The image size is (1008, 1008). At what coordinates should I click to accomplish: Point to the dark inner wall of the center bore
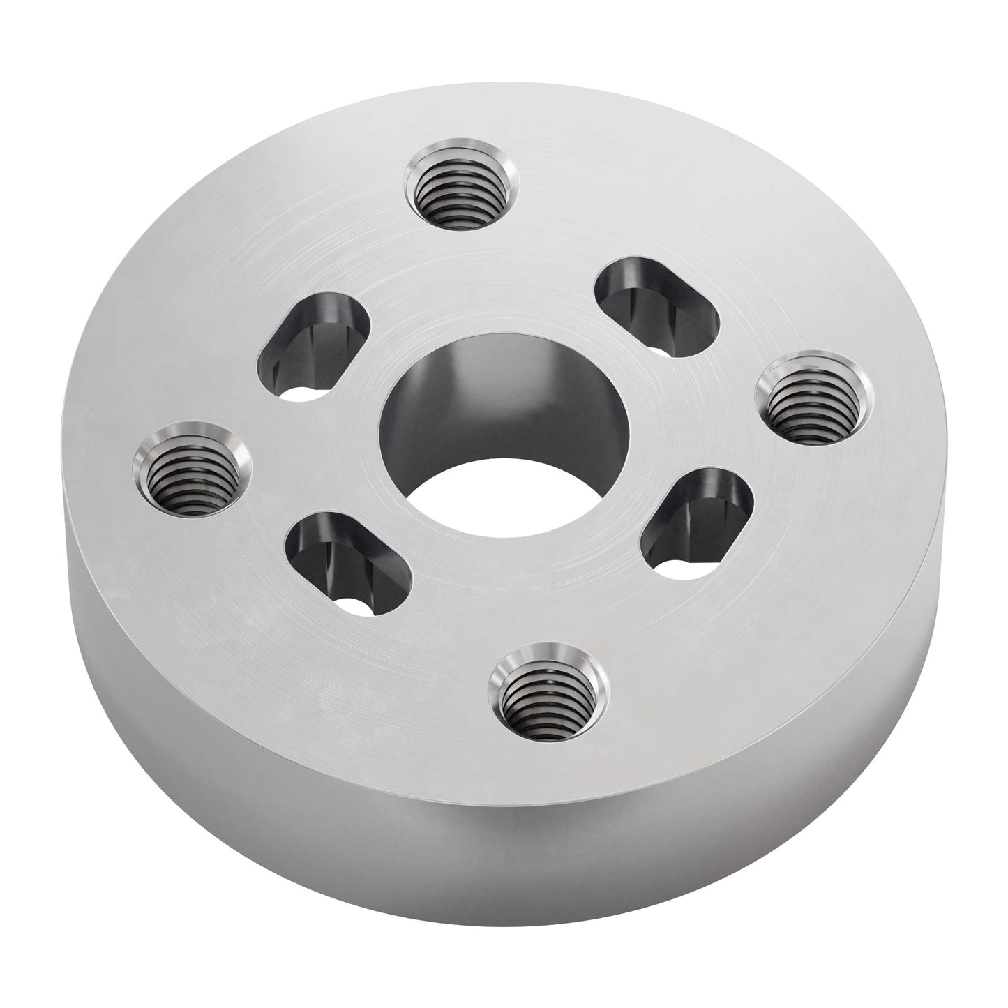(x=488, y=398)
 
